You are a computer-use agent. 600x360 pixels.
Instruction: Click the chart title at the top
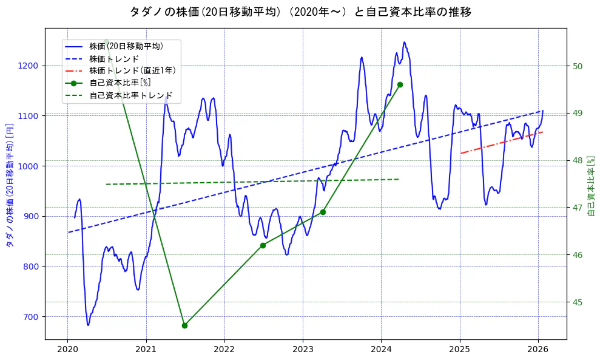300,12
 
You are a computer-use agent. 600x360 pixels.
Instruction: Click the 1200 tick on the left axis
29,66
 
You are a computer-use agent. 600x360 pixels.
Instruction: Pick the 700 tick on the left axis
32,317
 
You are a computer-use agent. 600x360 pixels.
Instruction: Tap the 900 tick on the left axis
32,216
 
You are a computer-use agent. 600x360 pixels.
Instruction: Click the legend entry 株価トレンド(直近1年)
132,70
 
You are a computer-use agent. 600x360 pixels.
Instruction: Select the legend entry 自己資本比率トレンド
131,95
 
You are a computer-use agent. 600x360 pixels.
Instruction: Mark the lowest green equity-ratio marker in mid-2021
184,325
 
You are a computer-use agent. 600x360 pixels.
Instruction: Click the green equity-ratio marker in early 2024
400,85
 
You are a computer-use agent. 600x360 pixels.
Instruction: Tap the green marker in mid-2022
263,245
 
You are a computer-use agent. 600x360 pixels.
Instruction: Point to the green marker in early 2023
323,212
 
